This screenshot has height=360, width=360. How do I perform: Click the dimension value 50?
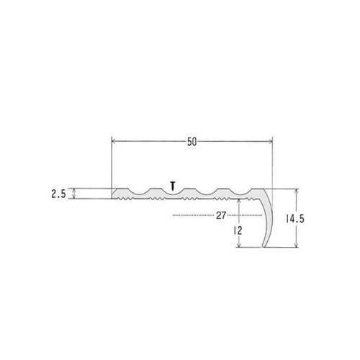click(x=192, y=142)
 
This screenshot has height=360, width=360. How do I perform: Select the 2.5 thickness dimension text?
click(x=58, y=194)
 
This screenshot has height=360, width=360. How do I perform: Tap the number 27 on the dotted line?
click(x=221, y=215)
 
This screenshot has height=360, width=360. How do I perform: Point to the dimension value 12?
click(x=238, y=230)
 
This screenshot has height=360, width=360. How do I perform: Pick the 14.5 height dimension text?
click(x=295, y=219)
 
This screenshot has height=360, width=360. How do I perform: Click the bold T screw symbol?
click(x=172, y=186)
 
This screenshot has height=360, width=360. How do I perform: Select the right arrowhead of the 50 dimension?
click(x=270, y=141)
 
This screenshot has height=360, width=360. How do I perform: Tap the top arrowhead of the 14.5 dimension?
click(x=297, y=192)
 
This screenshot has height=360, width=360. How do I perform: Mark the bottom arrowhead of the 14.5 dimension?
click(x=297, y=245)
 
